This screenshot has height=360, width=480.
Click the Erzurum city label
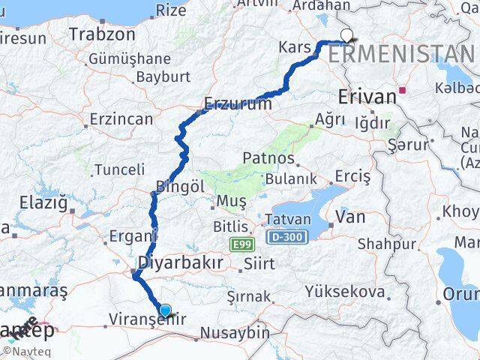click(x=238, y=103)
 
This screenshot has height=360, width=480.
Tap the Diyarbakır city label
click(x=181, y=263)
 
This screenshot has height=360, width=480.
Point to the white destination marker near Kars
click(x=346, y=34)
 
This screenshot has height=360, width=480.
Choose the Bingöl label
click(x=180, y=186)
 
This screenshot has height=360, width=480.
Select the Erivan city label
click(x=367, y=97)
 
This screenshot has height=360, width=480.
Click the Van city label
click(x=350, y=217)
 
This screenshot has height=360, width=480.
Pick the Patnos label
click(x=267, y=159)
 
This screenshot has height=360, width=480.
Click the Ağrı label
click(x=330, y=119)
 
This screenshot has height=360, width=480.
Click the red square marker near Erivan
click(x=403, y=91)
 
